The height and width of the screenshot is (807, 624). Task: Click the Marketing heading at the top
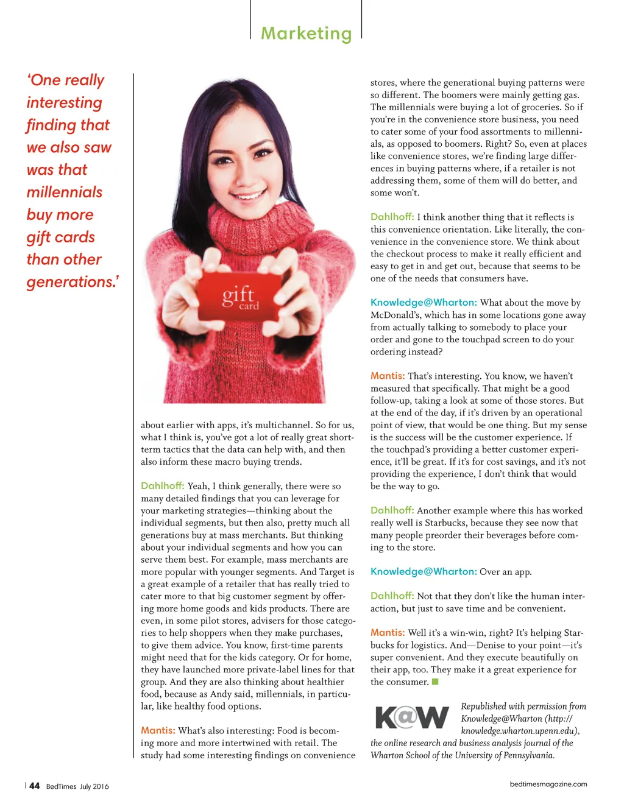[306, 33]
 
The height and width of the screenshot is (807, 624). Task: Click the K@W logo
[412, 718]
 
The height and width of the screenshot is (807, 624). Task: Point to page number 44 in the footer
[35, 786]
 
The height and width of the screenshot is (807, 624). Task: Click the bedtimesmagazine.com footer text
[548, 784]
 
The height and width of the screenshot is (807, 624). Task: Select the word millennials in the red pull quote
[65, 192]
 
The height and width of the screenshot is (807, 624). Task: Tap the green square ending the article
[435, 682]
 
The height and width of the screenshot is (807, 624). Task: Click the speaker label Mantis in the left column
[158, 730]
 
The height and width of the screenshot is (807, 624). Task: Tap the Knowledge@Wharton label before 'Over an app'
[424, 571]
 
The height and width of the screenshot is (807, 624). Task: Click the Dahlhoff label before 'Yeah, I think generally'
[162, 485]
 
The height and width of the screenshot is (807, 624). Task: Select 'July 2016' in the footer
[94, 786]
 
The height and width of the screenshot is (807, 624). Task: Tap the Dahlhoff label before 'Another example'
[392, 510]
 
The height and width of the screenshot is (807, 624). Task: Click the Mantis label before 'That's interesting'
[388, 376]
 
